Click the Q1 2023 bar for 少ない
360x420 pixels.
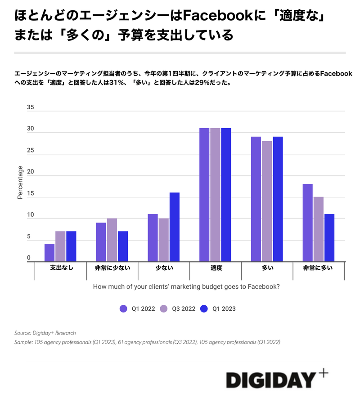175,227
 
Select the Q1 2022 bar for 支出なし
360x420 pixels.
49,253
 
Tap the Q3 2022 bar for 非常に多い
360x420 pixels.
319,229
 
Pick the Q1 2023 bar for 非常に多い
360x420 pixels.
329,238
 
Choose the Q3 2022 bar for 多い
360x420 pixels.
267,201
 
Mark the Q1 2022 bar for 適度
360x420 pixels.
204,195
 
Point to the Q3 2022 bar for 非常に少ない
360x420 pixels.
112,240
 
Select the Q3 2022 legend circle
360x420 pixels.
164,308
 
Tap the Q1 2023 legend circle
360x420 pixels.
204,308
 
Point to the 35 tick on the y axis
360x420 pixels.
30,107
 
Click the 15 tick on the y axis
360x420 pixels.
30,193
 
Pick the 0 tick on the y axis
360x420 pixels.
28,258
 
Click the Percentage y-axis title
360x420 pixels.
20,182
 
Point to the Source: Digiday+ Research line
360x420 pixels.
45,333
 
